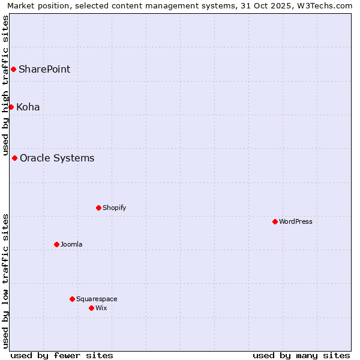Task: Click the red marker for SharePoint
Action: tap(13, 70)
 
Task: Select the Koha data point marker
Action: tap(11, 107)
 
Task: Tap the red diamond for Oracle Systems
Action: tap(15, 158)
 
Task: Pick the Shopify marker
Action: tap(99, 208)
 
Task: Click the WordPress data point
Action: tap(275, 222)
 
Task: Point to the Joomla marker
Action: tap(57, 245)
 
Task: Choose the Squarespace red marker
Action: tap(73, 299)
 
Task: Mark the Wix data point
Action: tap(92, 308)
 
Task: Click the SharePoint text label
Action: tap(44, 70)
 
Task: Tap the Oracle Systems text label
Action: tap(57, 158)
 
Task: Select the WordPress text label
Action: tap(296, 222)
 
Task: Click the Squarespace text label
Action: tap(97, 299)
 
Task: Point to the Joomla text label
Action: tap(71, 245)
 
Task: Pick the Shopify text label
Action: tap(114, 208)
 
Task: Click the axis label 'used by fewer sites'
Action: tap(62, 355)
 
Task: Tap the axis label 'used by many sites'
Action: tap(301, 355)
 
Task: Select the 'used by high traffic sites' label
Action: tap(5, 85)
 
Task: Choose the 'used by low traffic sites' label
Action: tap(5, 281)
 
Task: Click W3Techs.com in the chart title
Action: tap(325, 6)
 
